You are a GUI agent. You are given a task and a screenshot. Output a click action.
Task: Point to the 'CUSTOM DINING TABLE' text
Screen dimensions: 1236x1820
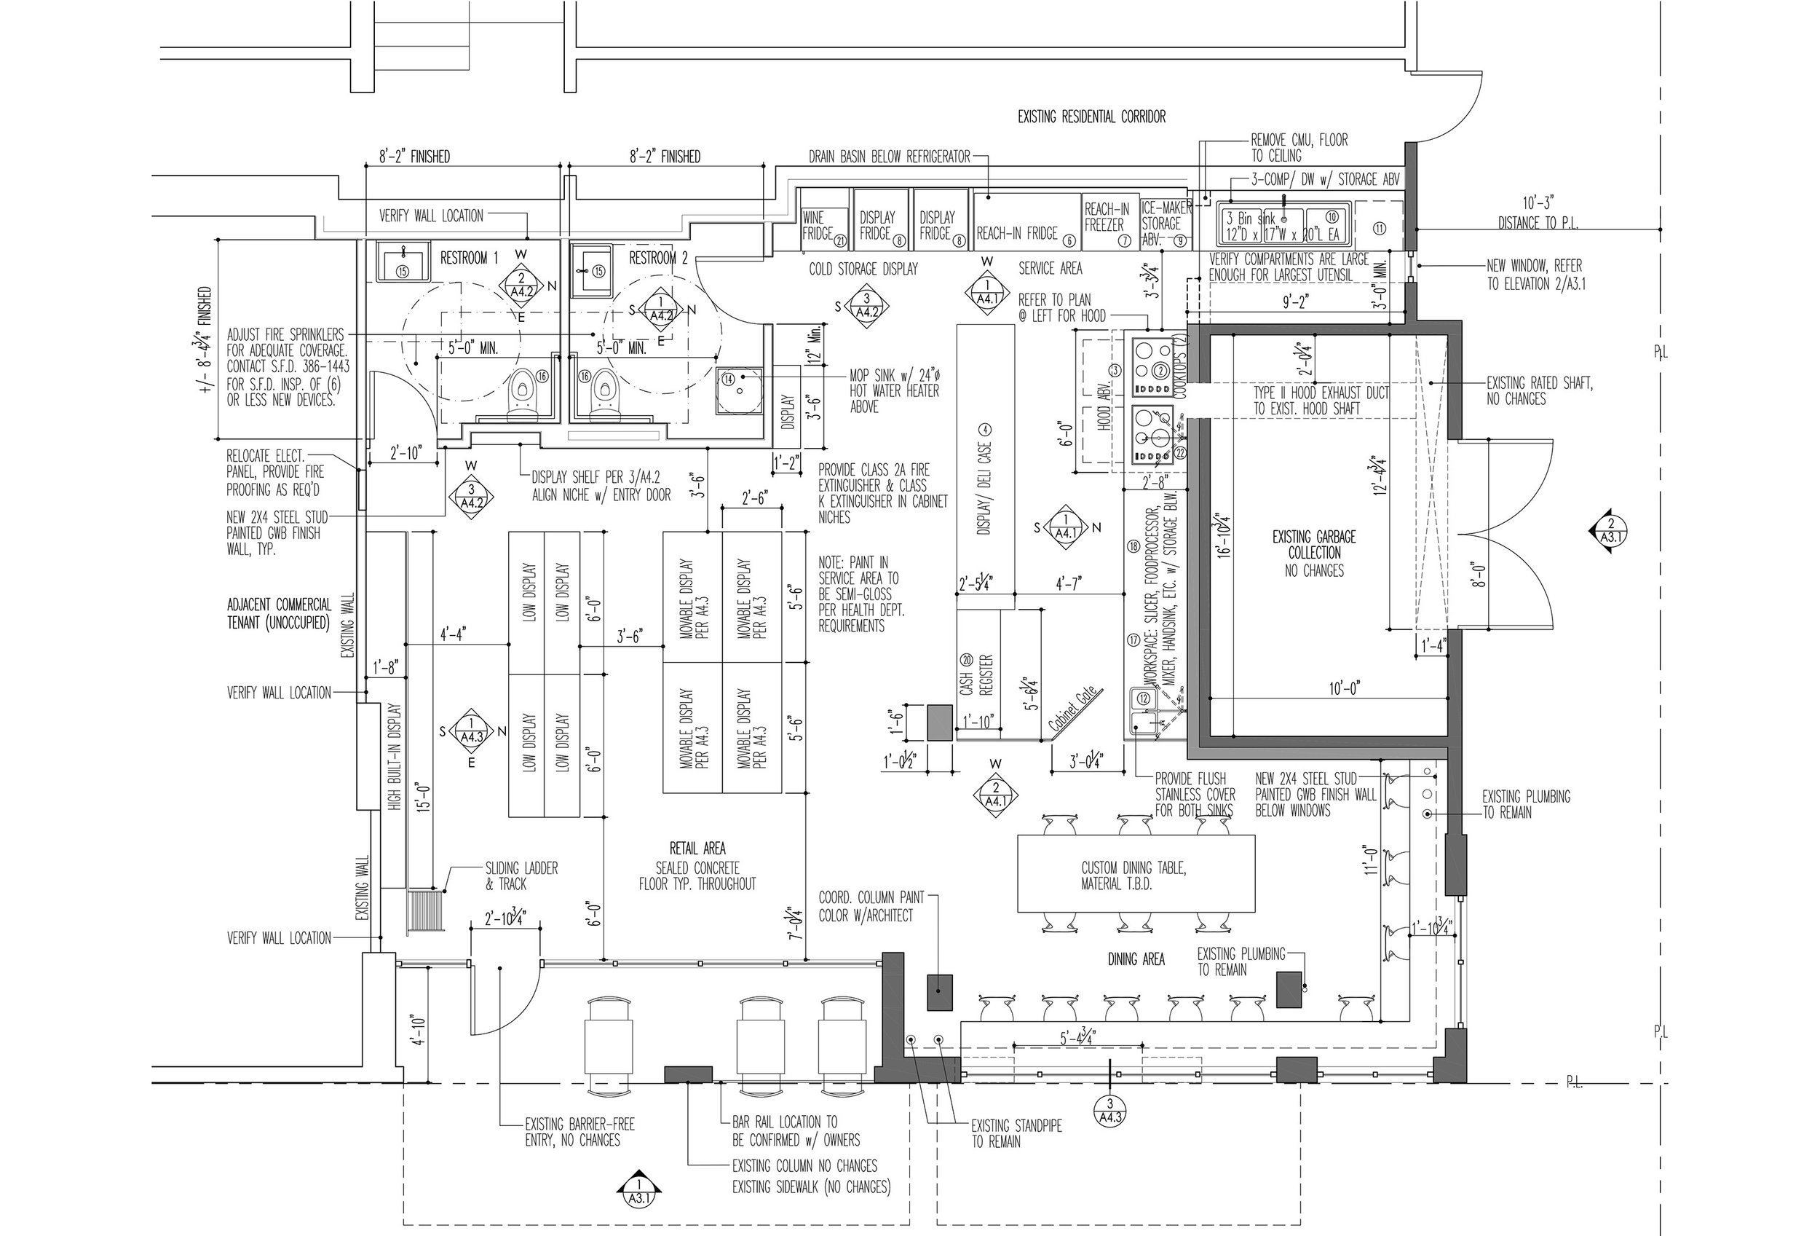click(x=1133, y=875)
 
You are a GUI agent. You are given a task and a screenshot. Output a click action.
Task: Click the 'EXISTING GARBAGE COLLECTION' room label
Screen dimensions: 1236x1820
click(x=1313, y=553)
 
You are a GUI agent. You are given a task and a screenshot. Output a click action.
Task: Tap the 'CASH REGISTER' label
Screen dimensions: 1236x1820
click(x=976, y=674)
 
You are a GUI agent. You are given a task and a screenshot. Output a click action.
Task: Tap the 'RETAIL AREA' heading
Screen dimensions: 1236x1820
click(x=697, y=849)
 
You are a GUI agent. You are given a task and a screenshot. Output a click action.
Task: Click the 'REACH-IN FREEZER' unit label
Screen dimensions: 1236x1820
click(x=1107, y=217)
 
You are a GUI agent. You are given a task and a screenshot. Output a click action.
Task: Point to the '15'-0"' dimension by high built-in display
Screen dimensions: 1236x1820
click(x=423, y=798)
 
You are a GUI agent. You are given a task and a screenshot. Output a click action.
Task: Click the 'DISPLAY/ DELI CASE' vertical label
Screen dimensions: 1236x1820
click(x=985, y=479)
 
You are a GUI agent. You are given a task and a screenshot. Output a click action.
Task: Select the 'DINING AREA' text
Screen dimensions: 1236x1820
click(x=1136, y=959)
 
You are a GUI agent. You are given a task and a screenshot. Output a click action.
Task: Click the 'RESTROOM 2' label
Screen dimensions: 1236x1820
click(x=659, y=258)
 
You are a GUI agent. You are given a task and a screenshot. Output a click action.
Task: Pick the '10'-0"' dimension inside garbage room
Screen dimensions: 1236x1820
click(x=1345, y=688)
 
